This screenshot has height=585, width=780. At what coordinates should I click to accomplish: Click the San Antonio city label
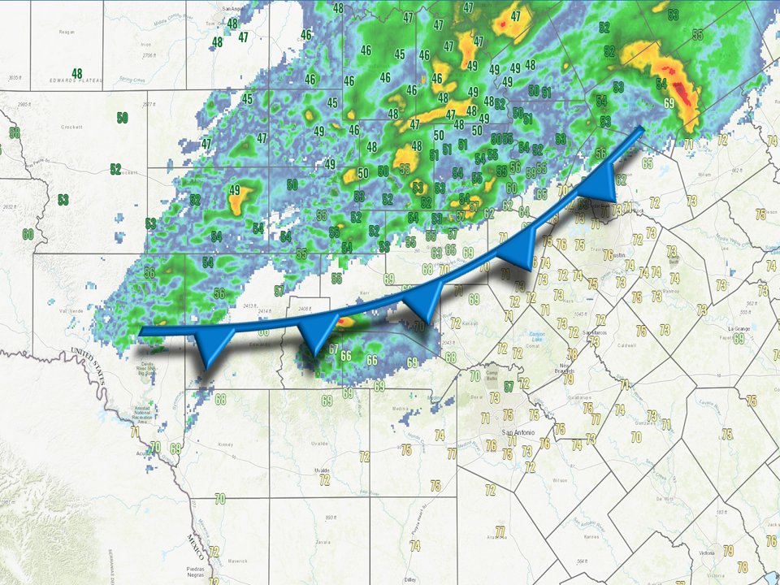coord(519,431)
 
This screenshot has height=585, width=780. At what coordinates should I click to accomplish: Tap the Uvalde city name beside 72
coord(323,470)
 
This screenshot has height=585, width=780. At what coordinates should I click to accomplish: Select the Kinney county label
coord(225,444)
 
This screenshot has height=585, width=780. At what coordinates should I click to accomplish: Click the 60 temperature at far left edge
coord(28,234)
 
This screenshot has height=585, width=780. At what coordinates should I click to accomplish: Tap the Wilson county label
coord(560,480)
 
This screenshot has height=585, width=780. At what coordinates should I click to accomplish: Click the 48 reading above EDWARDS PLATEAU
coord(77,73)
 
